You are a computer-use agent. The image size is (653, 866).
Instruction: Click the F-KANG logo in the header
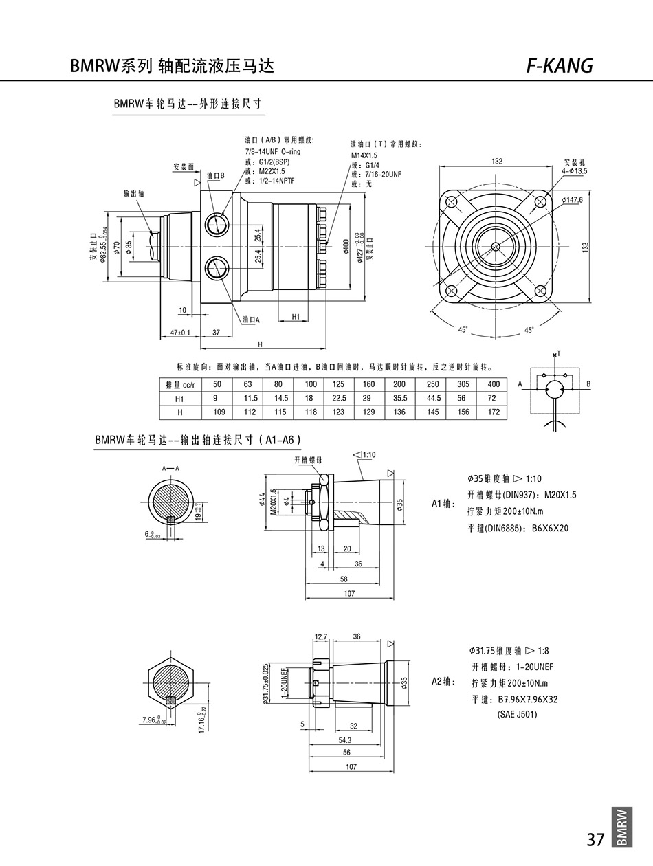[x=558, y=65]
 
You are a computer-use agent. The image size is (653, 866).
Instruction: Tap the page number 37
[x=595, y=839]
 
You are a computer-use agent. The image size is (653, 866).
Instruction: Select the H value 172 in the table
[x=494, y=412]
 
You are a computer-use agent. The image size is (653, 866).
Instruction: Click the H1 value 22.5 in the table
[x=340, y=398]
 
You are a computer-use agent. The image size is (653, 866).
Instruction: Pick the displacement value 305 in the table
[x=463, y=384]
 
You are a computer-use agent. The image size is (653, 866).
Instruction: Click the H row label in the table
[x=180, y=412]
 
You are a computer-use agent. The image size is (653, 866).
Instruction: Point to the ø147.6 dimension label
[x=573, y=200]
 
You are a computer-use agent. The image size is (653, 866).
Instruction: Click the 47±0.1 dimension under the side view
[x=179, y=333]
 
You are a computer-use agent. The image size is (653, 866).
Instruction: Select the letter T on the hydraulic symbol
[x=558, y=353]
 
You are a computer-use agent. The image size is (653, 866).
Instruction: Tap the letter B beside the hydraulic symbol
[x=589, y=384]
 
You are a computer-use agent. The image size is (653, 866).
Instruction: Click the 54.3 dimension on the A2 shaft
[x=345, y=740]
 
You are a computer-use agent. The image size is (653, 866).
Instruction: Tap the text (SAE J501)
[x=517, y=714]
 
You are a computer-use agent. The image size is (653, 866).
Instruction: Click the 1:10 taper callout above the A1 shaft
[x=366, y=454]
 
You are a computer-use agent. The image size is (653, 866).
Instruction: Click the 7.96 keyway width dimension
[x=151, y=720]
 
